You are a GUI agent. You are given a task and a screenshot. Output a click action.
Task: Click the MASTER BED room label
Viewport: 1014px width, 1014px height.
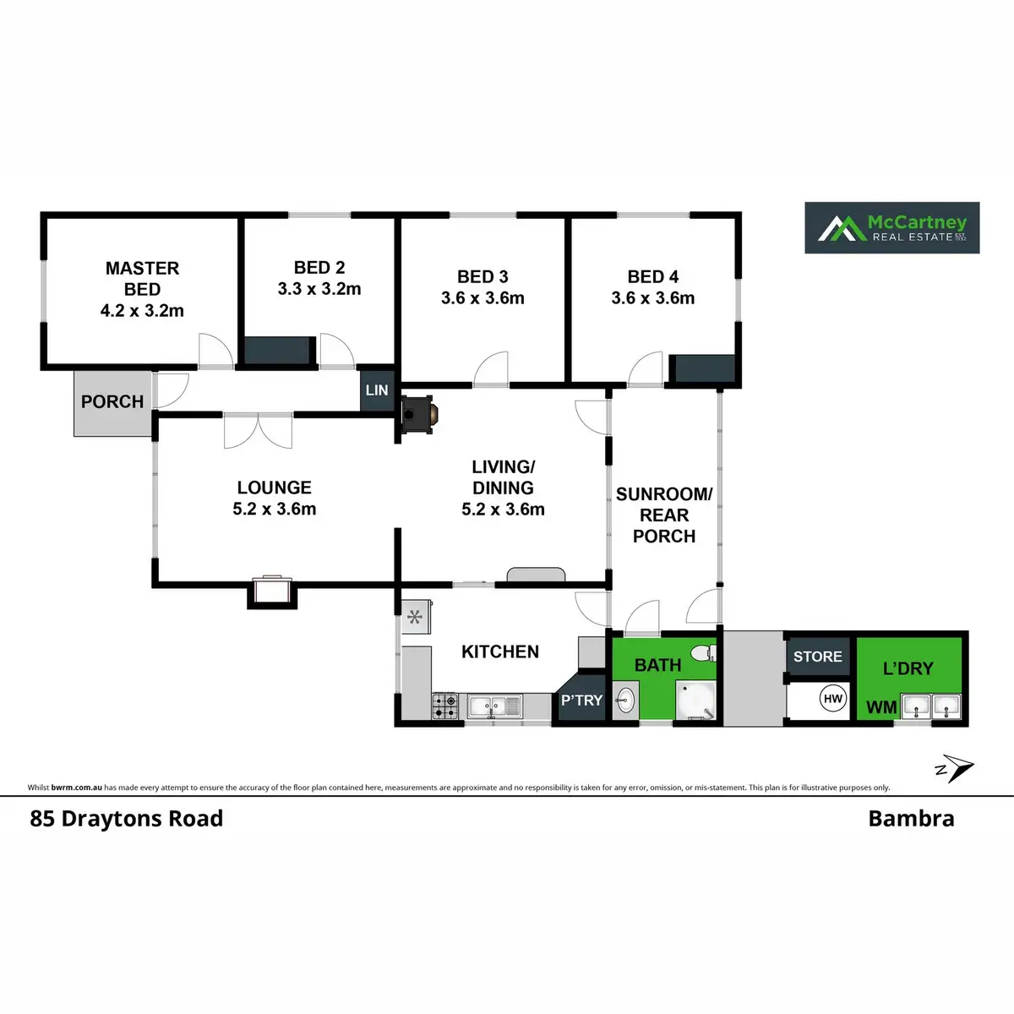click(142, 279)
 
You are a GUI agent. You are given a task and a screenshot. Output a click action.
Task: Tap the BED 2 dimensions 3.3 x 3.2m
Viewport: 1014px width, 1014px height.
click(319, 289)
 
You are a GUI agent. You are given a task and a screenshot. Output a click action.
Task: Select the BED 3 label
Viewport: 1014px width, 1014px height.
click(482, 277)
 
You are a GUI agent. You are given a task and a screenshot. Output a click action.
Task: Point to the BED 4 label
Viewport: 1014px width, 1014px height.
click(653, 277)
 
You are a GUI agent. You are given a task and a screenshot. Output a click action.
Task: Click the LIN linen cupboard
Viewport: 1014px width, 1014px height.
click(377, 390)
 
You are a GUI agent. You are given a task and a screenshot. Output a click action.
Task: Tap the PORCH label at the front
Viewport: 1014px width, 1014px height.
click(112, 402)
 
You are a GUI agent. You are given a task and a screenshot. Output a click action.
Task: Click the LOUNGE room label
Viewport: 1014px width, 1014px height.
click(274, 488)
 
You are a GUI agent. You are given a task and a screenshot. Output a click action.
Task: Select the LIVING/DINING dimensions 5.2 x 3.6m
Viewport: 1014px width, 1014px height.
click(503, 510)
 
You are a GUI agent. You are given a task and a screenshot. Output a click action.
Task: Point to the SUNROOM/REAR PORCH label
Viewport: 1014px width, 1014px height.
click(664, 515)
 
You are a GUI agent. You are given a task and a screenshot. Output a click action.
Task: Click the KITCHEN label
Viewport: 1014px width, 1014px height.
click(500, 651)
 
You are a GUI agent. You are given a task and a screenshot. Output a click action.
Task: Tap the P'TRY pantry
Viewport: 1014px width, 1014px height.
click(581, 701)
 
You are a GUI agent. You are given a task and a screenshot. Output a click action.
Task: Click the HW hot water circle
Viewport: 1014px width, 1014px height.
click(833, 699)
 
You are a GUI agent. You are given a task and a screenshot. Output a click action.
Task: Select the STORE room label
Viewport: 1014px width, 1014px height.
click(817, 657)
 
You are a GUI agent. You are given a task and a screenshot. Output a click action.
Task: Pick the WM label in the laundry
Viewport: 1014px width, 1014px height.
click(881, 707)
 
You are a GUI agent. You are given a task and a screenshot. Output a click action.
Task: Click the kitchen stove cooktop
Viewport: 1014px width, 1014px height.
click(446, 706)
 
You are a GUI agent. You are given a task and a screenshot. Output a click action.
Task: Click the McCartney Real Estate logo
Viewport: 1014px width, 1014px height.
click(891, 227)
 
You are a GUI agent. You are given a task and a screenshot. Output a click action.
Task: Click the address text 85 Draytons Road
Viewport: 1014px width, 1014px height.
click(127, 819)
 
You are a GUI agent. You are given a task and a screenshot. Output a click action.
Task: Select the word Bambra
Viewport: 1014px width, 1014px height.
click(911, 819)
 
